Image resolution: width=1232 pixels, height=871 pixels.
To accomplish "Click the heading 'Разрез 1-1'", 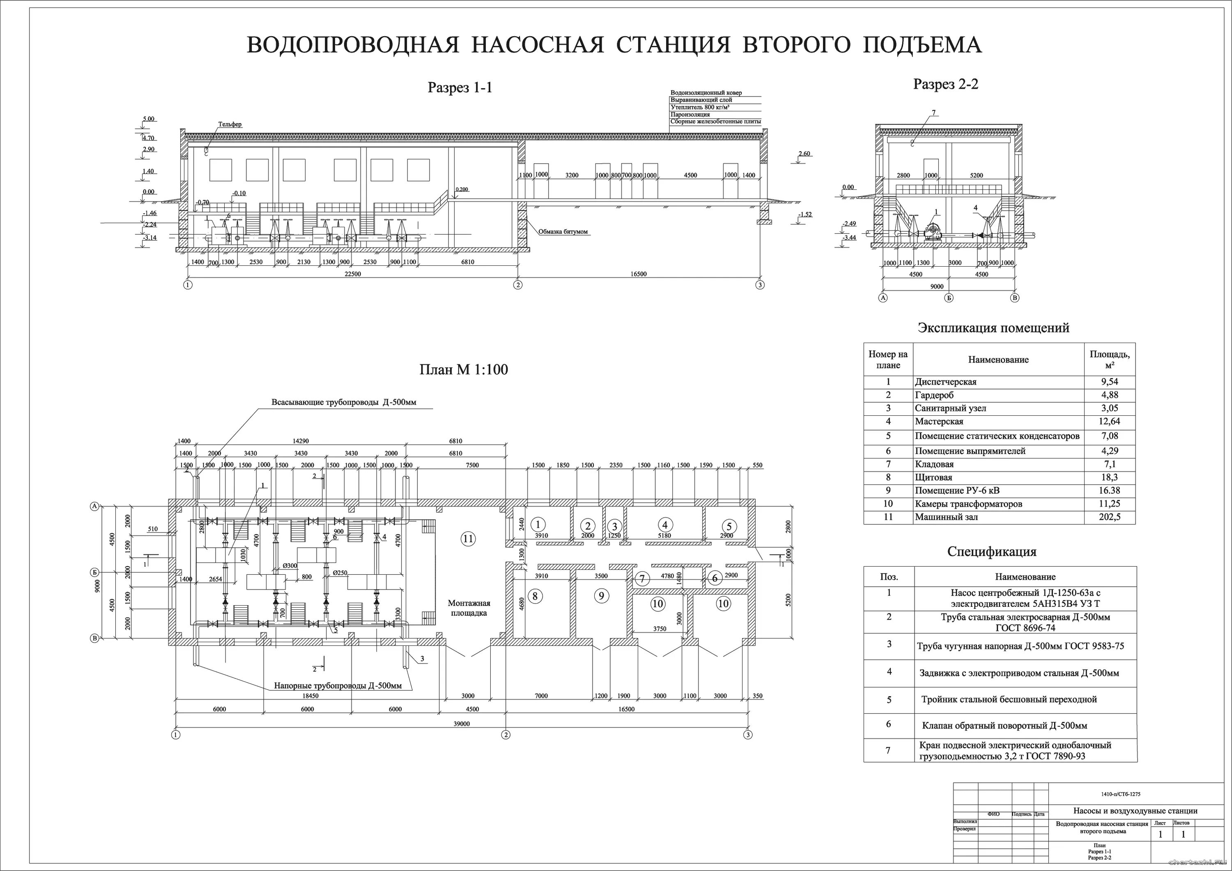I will pos(460,88).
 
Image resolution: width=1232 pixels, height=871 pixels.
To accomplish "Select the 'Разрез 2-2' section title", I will pos(945,84).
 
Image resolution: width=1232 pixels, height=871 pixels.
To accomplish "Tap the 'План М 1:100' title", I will pos(463,369).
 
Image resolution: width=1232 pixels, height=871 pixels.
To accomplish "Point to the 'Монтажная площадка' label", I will pos(469,608).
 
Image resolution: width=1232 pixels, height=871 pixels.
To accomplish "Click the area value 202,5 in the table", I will pos(1110,517).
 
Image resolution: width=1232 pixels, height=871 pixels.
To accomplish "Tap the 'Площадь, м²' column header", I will pos(1110,359).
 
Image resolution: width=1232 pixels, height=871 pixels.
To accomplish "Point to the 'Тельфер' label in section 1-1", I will pos(230,124).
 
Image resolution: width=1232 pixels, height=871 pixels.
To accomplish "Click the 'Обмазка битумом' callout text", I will pos(563,232).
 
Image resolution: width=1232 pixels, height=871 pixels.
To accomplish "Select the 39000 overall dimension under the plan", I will pos(462,724).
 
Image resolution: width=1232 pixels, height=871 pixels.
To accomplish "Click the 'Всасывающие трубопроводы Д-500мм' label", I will pos(343,402).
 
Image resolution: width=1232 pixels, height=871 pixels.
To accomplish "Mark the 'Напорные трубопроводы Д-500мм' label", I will pos(338,686).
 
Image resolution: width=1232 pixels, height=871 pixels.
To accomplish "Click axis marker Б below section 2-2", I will pos(949,298).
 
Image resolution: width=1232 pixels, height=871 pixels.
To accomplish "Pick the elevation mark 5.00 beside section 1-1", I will pos(149,119).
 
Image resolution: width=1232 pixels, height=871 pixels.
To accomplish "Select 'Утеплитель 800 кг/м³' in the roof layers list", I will pos(700,107).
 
